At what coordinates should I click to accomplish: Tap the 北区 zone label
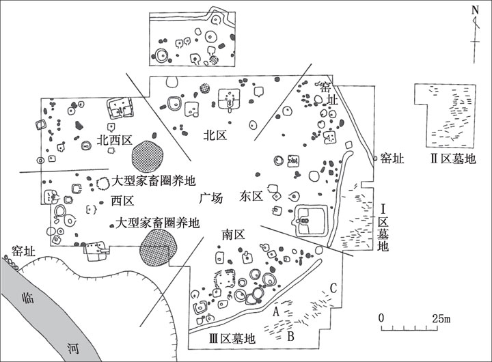tap(215, 135)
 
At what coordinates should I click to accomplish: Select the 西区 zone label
tap(122, 201)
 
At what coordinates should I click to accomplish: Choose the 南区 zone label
tap(234, 234)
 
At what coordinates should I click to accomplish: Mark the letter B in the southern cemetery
tap(290, 335)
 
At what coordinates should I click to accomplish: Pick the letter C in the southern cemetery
tap(333, 287)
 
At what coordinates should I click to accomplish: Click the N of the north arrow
tap(474, 10)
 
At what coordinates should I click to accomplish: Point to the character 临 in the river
tap(27, 298)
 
